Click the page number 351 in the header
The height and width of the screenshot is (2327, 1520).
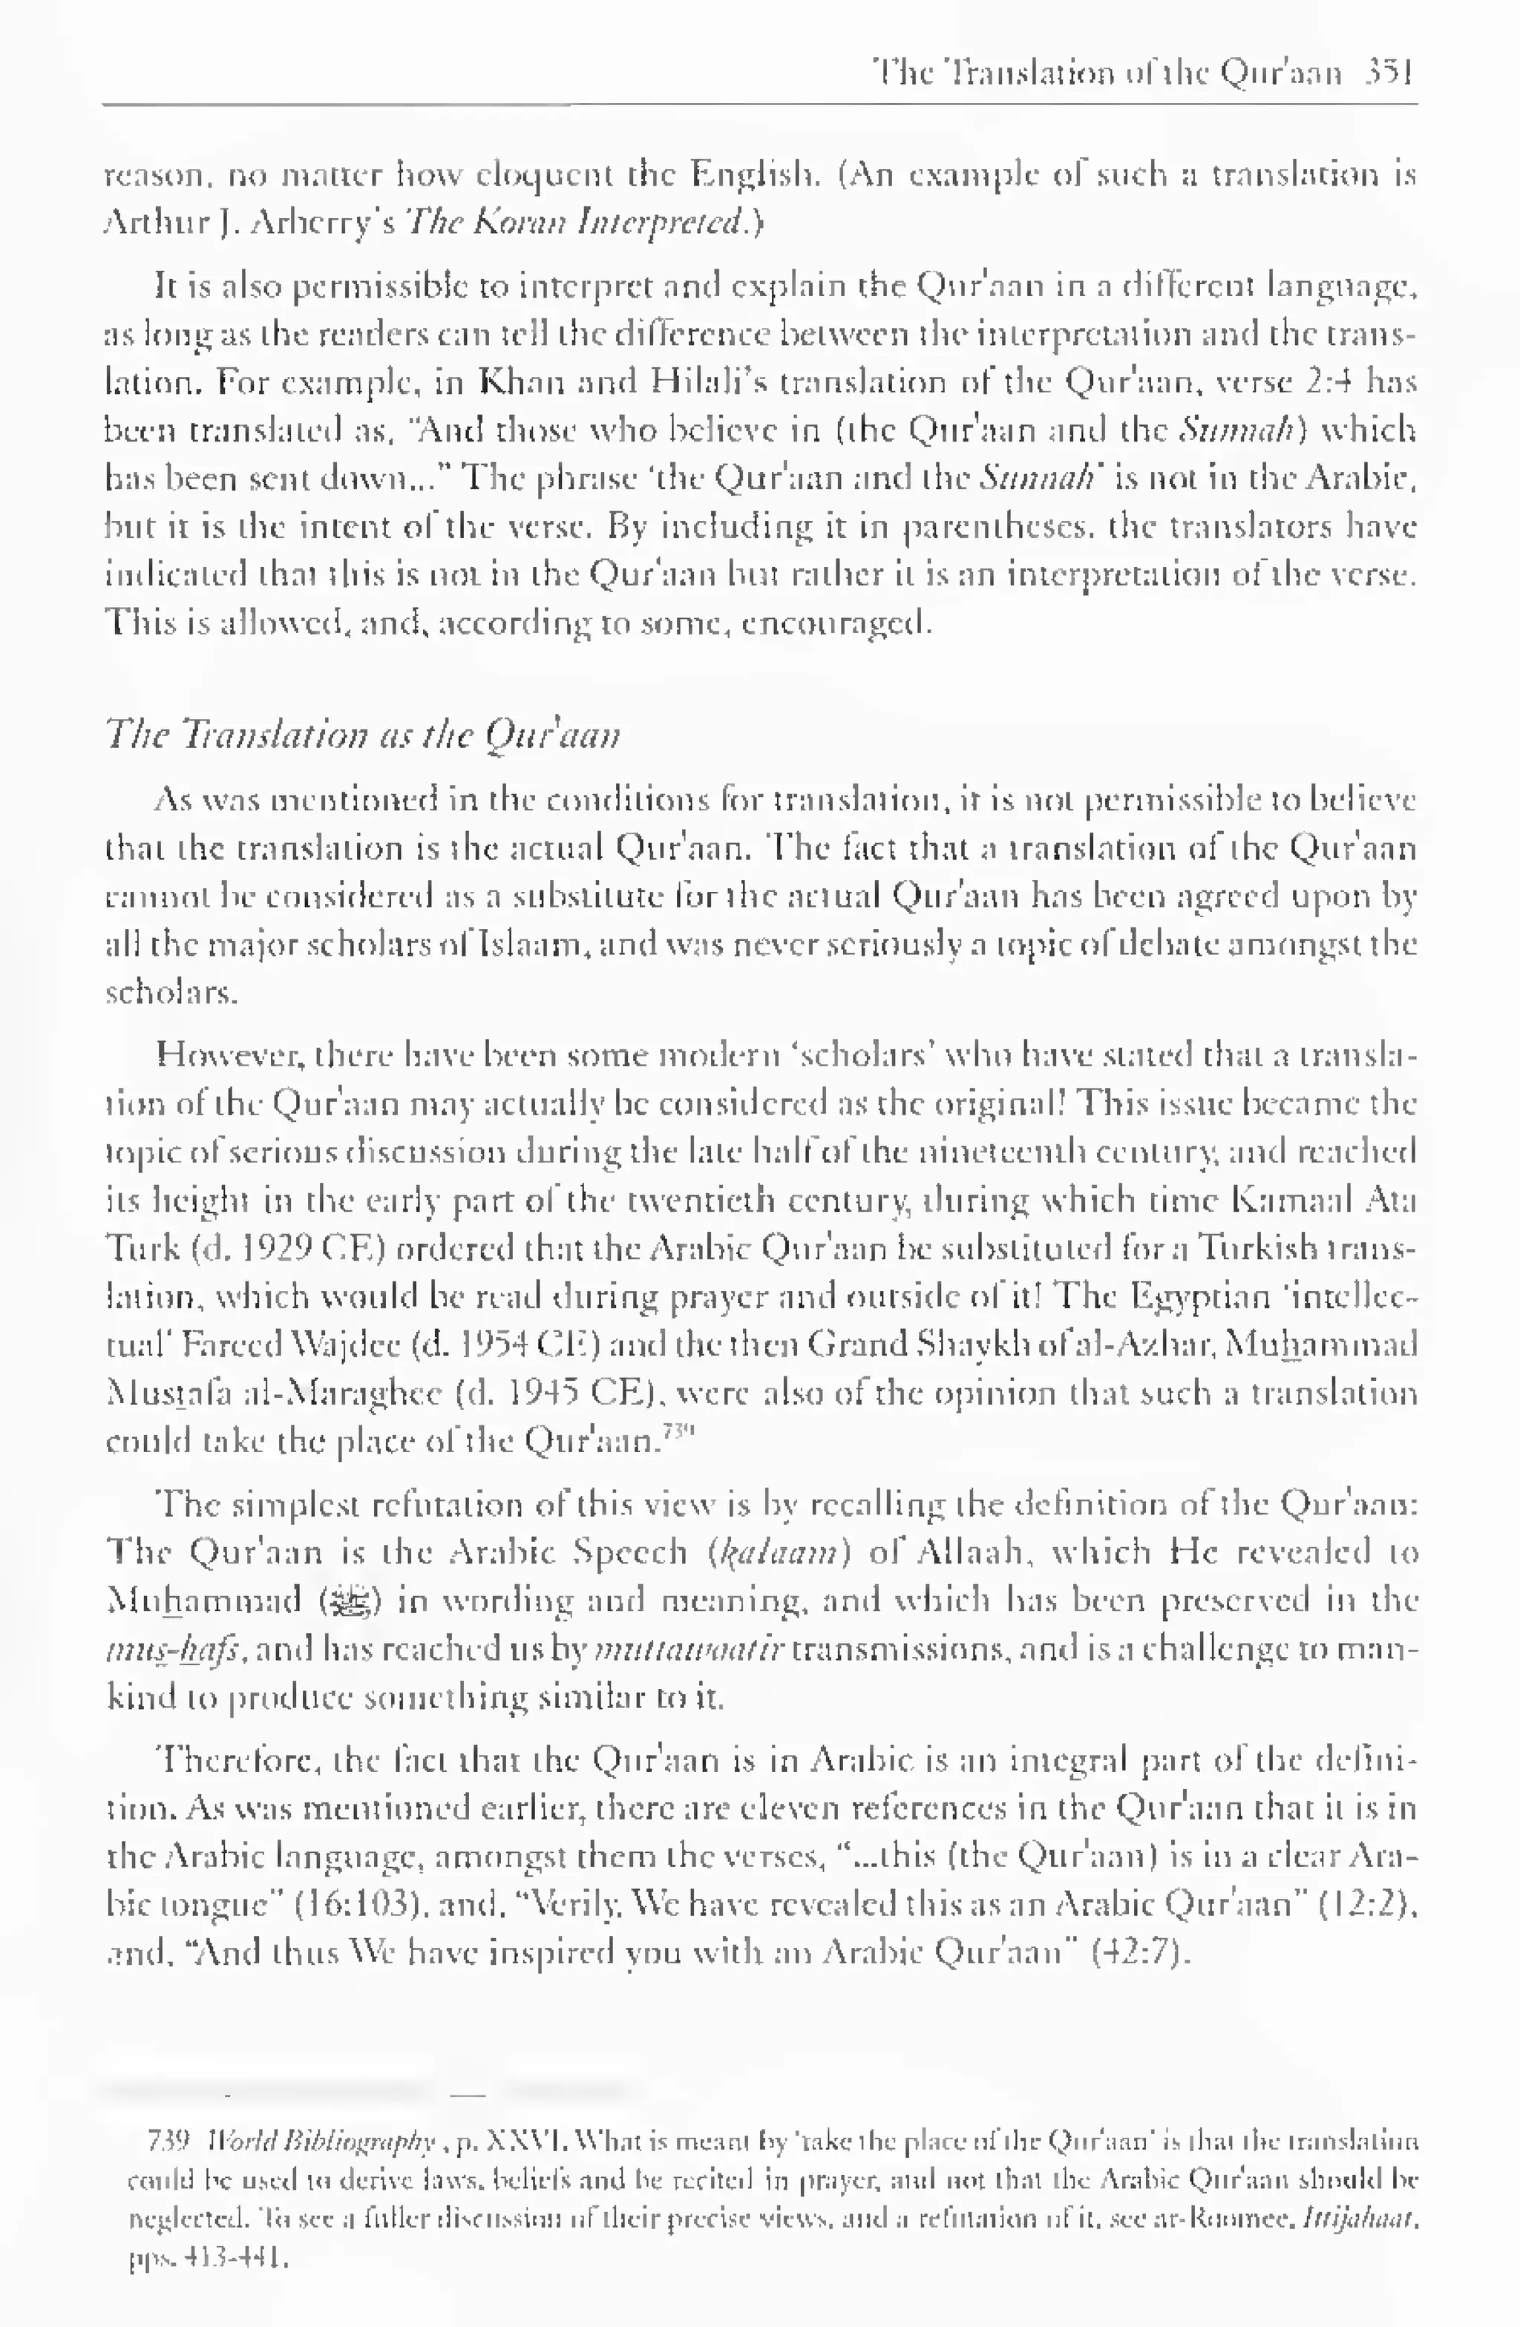[1389, 73]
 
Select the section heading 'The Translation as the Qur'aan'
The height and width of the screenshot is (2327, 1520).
[362, 733]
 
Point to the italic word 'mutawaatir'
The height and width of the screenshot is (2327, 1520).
[689, 1650]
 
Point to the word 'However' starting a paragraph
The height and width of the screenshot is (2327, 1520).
[222, 1055]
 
